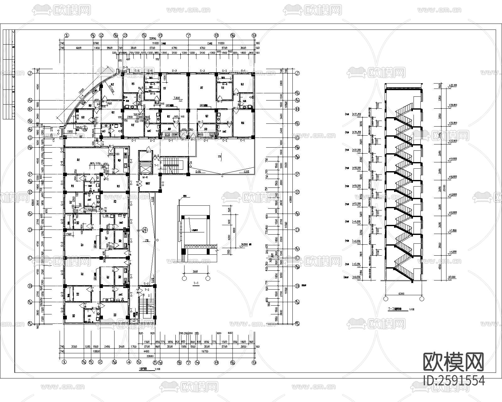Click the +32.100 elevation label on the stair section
click(452, 85)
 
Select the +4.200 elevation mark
click(452, 251)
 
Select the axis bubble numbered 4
click(129, 361)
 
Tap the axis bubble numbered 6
click(160, 35)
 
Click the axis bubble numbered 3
click(125, 35)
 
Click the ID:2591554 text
click(453, 380)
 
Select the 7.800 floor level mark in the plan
click(176, 98)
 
